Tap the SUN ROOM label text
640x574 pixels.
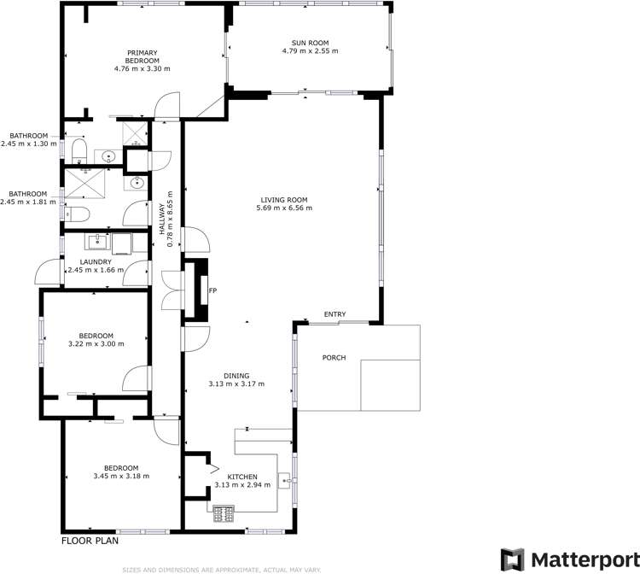[x=311, y=43]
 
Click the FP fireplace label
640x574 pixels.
[x=213, y=291]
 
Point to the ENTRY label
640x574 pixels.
[x=335, y=315]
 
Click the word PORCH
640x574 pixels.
[x=334, y=357]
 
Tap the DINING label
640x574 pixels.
[x=236, y=375]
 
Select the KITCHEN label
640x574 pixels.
[x=243, y=476]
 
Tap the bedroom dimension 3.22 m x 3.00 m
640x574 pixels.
[x=96, y=344]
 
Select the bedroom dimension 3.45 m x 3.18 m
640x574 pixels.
[x=121, y=476]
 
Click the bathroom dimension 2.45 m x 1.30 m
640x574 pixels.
[x=28, y=143]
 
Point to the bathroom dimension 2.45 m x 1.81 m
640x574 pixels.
[x=28, y=202]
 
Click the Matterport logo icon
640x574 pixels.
[x=513, y=559]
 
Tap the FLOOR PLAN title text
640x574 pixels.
[x=90, y=540]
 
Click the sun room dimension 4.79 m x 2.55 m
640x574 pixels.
[x=311, y=51]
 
